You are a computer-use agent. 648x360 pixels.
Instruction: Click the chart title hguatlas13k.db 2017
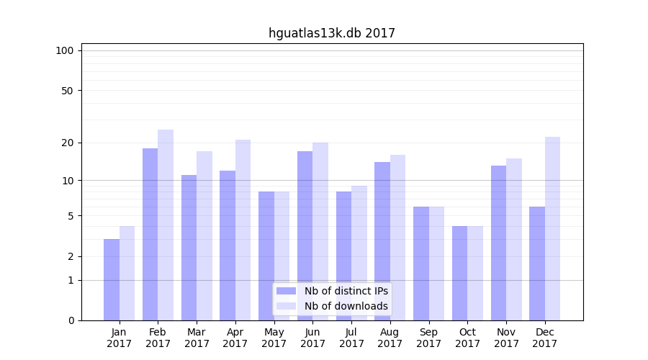[x=331, y=33]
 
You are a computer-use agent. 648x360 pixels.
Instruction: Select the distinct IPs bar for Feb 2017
[x=150, y=234]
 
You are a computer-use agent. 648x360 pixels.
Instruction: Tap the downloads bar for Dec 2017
[x=552, y=228]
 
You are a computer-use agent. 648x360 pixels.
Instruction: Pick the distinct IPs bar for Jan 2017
[x=112, y=279]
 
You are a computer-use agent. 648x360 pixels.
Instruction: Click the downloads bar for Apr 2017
[x=243, y=230]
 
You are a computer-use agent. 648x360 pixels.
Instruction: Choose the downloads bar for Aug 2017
[x=397, y=238]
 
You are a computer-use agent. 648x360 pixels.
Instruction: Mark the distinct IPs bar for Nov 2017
[x=498, y=243]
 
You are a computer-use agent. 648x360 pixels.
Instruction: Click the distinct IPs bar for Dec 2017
[x=537, y=264]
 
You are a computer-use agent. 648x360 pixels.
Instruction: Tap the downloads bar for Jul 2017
[x=359, y=253]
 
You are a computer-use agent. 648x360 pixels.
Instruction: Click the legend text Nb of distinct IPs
[x=346, y=291]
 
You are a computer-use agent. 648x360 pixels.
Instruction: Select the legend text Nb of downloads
[x=346, y=306]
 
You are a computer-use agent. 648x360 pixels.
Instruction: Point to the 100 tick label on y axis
[x=65, y=50]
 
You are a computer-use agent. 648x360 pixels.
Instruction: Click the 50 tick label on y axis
[x=67, y=91]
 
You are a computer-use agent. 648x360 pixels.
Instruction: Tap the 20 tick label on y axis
[x=67, y=143]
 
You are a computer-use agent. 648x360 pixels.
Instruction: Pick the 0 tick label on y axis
[x=70, y=320]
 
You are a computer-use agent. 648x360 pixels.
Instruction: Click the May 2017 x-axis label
[x=274, y=338]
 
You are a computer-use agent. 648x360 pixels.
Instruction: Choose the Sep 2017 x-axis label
[x=428, y=338]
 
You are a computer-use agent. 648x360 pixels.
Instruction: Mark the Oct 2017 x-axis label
[x=467, y=338]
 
